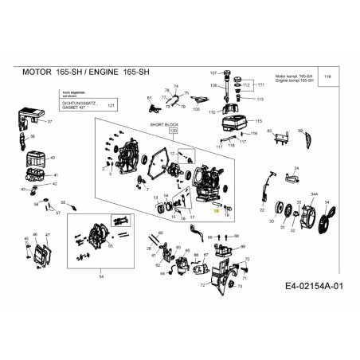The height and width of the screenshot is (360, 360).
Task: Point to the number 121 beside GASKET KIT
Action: [111, 105]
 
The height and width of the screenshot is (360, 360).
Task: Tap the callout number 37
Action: [49, 122]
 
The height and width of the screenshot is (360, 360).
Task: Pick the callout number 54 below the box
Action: [101, 276]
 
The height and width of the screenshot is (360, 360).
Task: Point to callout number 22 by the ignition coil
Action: [262, 210]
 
